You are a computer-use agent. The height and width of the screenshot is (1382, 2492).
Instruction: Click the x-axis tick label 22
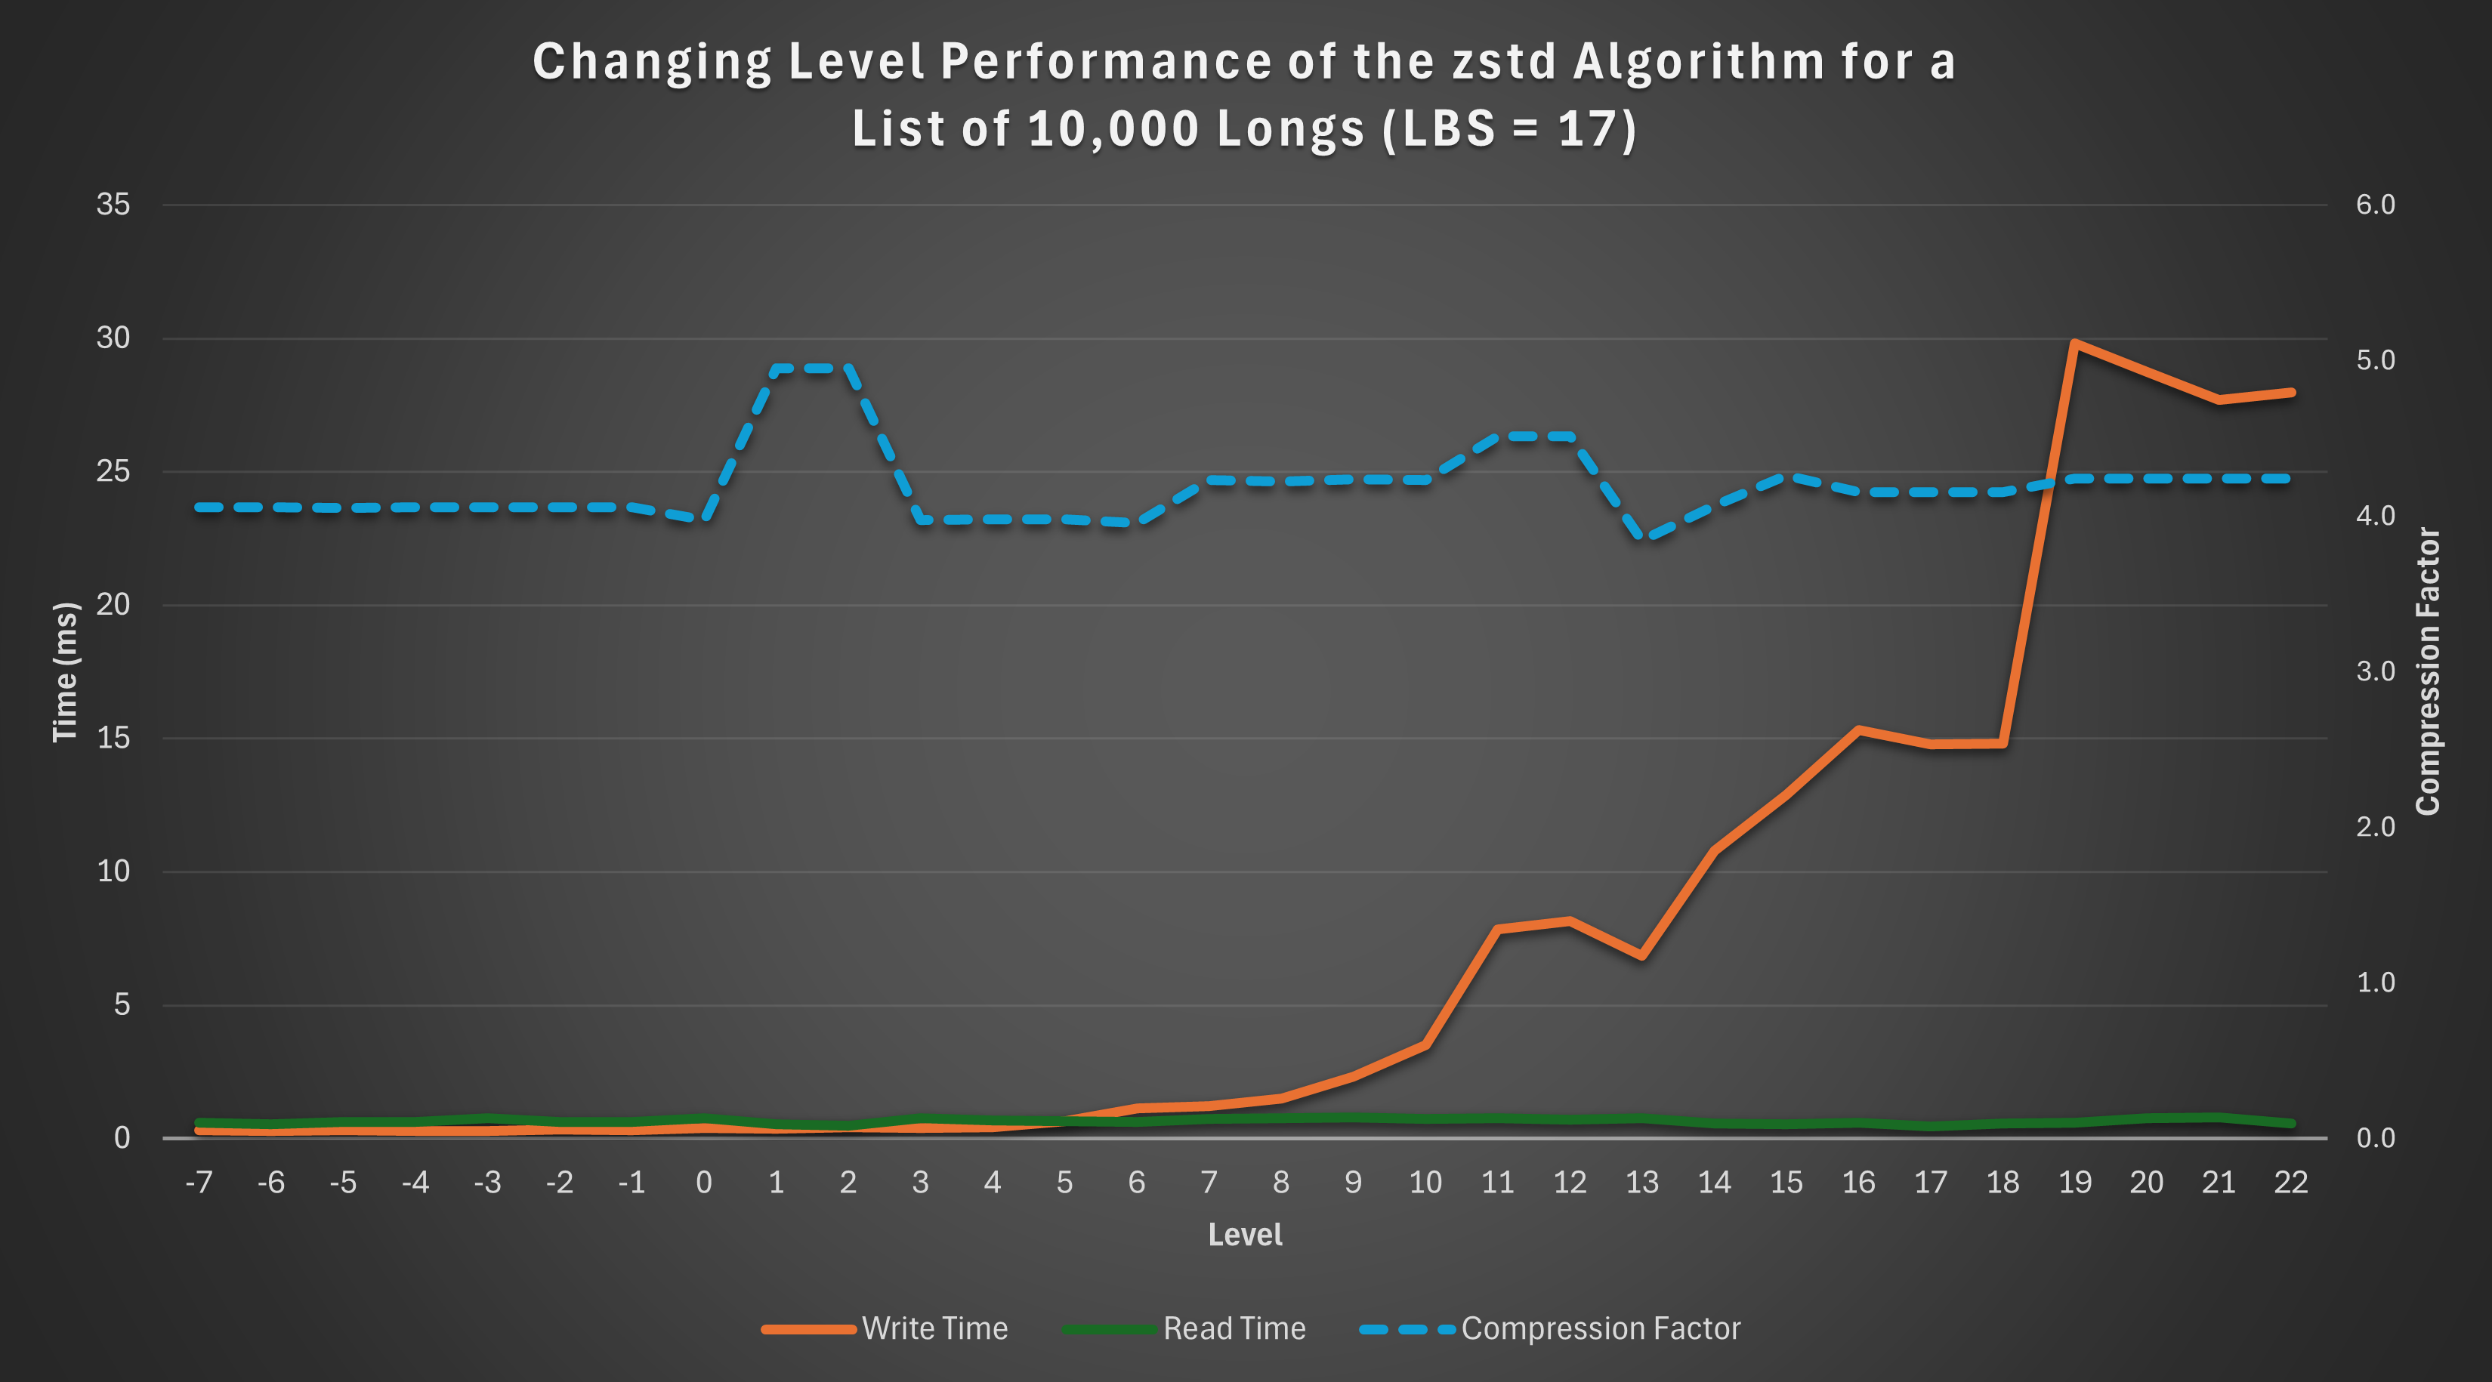point(2290,1182)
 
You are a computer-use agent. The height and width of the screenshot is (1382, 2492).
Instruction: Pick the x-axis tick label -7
point(199,1182)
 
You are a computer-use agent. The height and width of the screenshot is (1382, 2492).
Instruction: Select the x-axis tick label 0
point(703,1182)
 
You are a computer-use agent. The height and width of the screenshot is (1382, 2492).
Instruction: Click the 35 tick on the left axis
point(113,204)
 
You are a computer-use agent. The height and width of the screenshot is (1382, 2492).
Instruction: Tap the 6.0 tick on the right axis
point(2375,204)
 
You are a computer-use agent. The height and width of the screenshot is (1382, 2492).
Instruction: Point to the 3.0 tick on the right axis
point(2375,671)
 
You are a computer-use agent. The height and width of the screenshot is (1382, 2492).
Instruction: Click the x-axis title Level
point(1245,1235)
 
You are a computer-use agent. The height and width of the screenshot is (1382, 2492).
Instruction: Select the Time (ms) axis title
point(65,672)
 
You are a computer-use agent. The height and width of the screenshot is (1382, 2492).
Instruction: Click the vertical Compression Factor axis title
point(2428,671)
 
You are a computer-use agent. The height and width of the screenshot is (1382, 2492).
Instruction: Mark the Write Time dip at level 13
point(1641,955)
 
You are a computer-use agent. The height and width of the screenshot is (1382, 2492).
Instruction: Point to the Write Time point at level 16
point(1858,730)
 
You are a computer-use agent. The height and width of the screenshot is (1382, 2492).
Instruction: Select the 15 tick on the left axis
point(113,738)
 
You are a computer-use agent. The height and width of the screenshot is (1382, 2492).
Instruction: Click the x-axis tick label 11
point(1497,1182)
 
